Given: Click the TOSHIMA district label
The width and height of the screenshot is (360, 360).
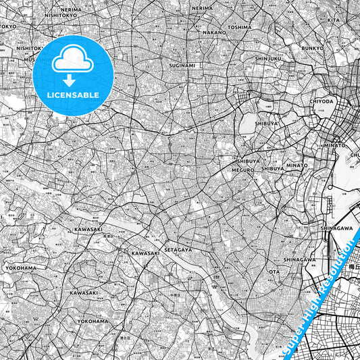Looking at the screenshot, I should coord(239,28).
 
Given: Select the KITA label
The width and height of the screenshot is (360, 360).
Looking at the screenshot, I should coord(334,20).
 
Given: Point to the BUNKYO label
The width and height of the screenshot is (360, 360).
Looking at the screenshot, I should coord(313,49).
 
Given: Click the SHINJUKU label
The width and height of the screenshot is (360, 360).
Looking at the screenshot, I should coord(267,59).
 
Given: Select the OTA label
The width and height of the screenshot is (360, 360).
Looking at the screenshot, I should coord(274,272).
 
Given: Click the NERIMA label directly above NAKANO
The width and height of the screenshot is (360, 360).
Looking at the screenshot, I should coord(202,8).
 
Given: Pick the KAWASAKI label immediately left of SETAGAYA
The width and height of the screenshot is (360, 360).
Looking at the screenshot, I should coord(145,253).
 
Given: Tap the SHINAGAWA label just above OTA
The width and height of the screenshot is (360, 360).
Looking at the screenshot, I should coord(299,259).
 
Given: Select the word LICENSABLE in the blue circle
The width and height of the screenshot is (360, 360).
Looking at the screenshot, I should coord(72,95).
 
